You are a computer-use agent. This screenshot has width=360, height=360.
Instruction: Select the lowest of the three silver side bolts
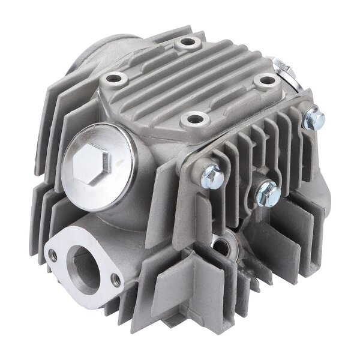266,193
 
